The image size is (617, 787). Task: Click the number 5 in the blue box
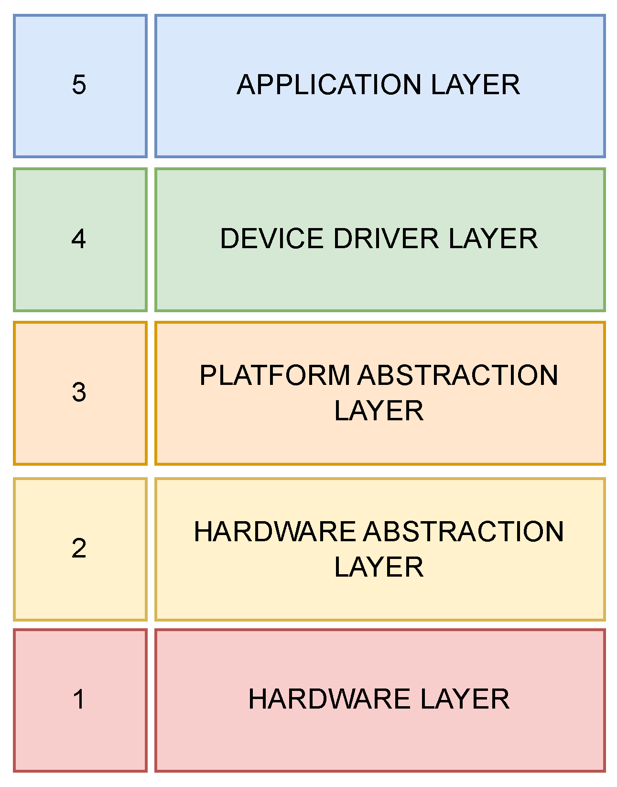pos(79,85)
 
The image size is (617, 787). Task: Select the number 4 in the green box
pos(79,238)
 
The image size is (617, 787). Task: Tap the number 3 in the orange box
pos(79,392)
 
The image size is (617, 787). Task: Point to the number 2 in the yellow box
pos(79,548)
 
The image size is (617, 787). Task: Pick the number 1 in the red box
pos(79,699)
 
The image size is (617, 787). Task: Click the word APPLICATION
pos(329,85)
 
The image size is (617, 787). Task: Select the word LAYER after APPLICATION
pos(475,85)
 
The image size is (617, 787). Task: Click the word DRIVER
pos(386,238)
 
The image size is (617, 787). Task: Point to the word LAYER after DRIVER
pos(493,238)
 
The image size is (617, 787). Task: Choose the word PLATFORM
pos(275,375)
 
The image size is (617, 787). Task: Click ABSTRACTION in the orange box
pos(458,375)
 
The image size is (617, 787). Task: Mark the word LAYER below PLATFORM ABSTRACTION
pos(379,410)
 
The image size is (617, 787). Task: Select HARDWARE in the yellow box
pos(275,532)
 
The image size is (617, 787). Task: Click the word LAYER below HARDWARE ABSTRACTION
pos(379,567)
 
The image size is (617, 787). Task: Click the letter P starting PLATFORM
pos(208,375)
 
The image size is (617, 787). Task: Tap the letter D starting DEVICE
pos(229,238)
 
